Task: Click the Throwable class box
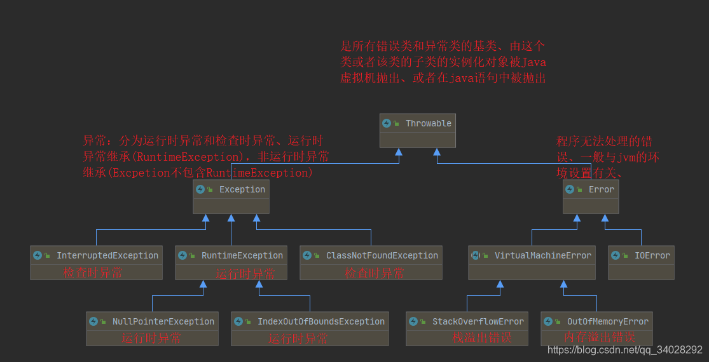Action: point(418,130)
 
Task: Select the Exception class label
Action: point(242,189)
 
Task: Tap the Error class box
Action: point(590,196)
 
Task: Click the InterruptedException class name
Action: point(107,255)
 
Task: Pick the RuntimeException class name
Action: point(242,255)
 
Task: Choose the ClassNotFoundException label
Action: point(382,255)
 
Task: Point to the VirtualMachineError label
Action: point(542,255)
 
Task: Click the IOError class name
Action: point(652,255)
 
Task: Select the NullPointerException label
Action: point(163,321)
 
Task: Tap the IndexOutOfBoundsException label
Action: point(320,321)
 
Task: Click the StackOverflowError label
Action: point(478,321)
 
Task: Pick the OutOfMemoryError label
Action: point(607,321)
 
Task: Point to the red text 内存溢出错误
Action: point(599,337)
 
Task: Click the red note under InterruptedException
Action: point(92,272)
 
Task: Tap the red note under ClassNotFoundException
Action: point(375,273)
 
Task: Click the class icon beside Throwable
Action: point(387,123)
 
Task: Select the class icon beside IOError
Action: point(616,255)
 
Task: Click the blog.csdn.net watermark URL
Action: point(624,350)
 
